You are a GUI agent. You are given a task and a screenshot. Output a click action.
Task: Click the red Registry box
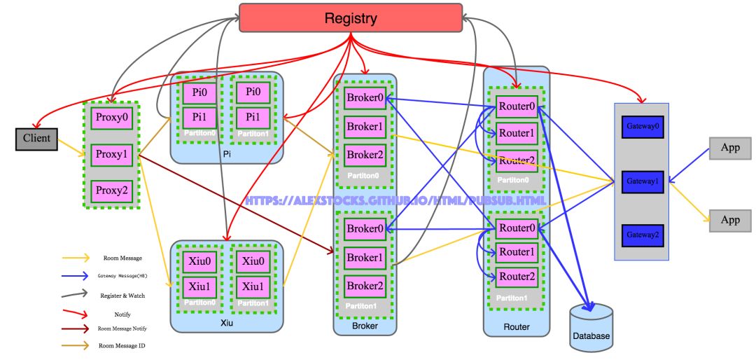coord(351,18)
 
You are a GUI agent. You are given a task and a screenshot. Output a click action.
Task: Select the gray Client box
coord(36,139)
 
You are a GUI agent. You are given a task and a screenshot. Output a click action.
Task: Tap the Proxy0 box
coord(111,117)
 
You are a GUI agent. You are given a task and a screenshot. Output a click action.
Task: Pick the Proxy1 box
coord(111,153)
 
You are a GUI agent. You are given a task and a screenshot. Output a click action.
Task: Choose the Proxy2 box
coord(111,190)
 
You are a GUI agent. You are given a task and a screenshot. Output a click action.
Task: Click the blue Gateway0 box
coord(642,127)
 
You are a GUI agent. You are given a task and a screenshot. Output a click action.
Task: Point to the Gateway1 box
coord(642,181)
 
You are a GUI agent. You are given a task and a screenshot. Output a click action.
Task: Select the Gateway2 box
coord(642,233)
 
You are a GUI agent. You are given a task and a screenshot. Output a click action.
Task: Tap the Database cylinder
coord(591,326)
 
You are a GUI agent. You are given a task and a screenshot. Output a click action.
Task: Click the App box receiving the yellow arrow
coord(730,220)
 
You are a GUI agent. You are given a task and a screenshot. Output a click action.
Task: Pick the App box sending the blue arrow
coord(730,148)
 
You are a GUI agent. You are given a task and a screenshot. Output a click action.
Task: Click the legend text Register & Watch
coord(122,296)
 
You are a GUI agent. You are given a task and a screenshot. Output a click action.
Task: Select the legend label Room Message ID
coord(122,345)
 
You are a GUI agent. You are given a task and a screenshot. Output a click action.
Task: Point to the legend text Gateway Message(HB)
coord(122,276)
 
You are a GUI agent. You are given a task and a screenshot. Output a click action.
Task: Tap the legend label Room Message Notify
coord(122,328)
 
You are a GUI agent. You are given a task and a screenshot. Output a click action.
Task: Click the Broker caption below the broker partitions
coord(365,326)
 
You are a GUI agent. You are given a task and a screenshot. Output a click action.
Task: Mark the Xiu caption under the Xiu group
coord(226,323)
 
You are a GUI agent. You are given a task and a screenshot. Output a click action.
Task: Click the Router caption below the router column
coord(517,326)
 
